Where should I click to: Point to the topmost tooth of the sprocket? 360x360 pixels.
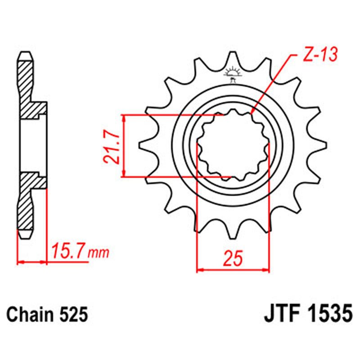[x=233, y=58]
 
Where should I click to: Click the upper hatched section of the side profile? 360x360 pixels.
[x=27, y=85]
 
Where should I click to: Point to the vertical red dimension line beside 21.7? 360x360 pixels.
[x=124, y=145]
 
